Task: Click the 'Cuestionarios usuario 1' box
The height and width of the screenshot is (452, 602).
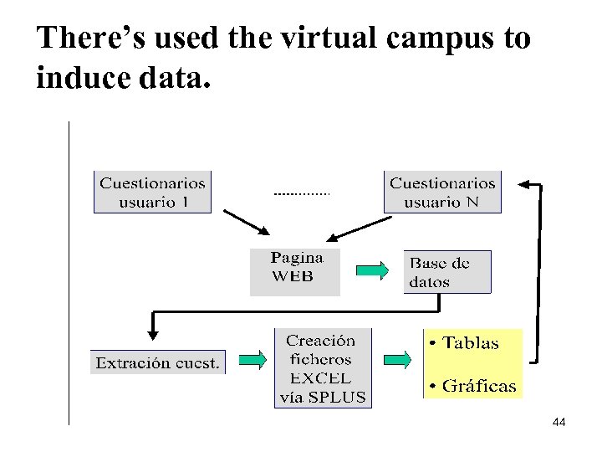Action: [x=152, y=192]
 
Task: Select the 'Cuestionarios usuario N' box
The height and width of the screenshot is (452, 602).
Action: [x=442, y=192]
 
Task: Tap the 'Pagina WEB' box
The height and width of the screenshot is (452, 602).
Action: [x=295, y=271]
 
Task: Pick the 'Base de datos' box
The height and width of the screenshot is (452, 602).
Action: [x=446, y=272]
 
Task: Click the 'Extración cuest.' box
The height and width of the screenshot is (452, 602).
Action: [x=158, y=362]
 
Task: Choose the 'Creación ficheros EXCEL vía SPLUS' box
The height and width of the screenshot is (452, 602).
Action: [x=323, y=369]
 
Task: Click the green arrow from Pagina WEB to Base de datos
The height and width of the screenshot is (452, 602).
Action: [x=373, y=270]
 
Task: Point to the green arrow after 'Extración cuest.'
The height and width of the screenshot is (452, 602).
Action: [x=253, y=361]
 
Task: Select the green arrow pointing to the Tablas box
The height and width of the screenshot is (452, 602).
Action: [x=397, y=360]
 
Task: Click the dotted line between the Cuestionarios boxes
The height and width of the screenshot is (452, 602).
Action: [x=302, y=193]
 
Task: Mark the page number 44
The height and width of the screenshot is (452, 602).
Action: [x=559, y=424]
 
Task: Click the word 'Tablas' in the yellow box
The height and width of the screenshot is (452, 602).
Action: [x=471, y=343]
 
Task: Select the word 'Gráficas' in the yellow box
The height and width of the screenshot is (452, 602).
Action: [x=479, y=386]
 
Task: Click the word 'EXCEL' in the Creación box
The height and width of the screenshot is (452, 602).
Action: [x=322, y=378]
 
